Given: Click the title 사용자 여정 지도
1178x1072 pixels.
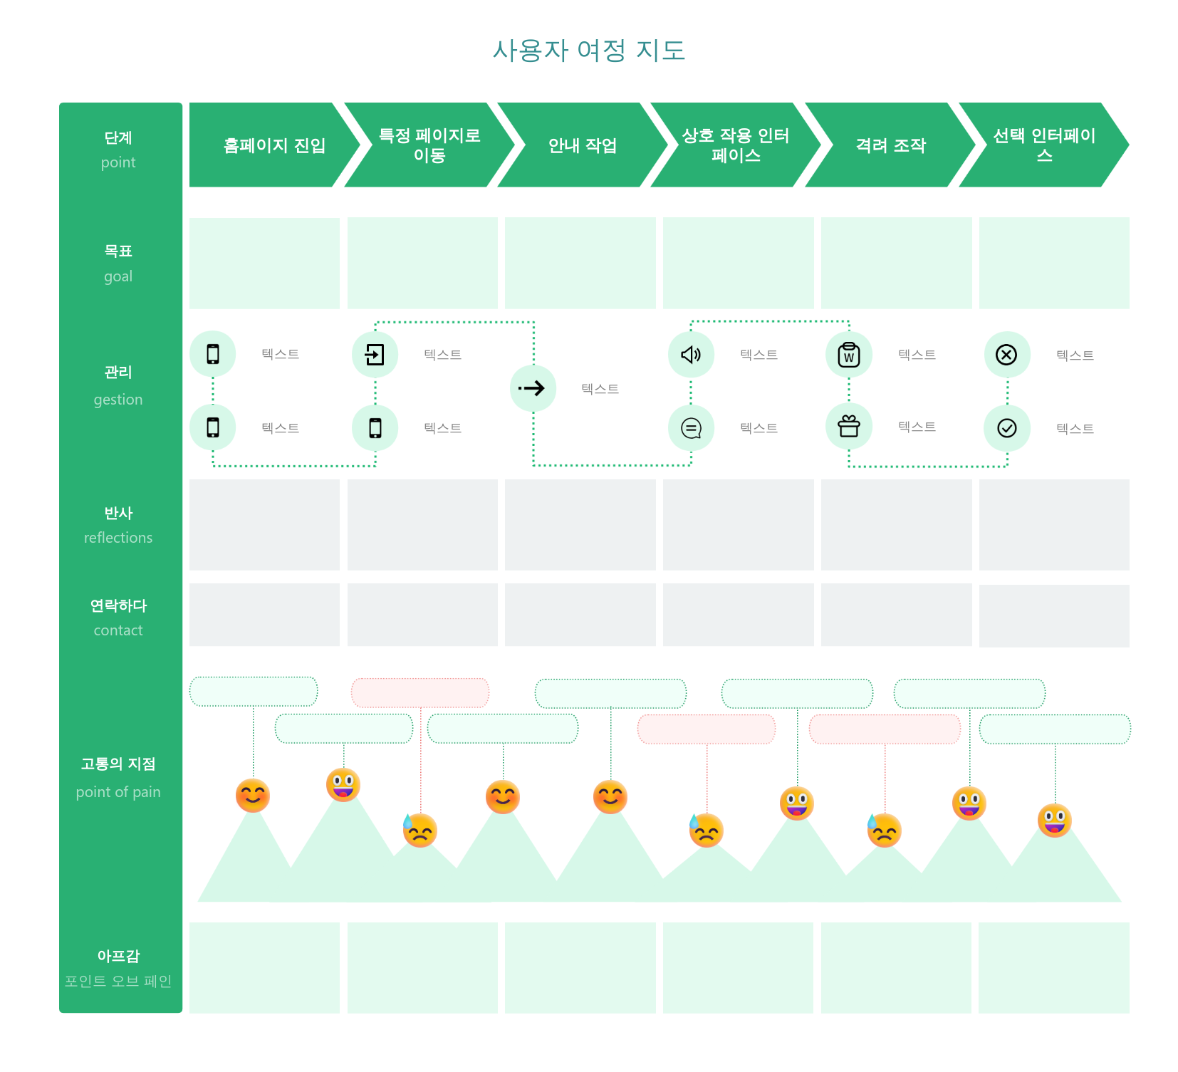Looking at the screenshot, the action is pos(589,51).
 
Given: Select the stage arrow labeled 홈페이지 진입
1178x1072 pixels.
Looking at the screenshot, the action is pos(275,145).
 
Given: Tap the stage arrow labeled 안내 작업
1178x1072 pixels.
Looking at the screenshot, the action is pos(583,145).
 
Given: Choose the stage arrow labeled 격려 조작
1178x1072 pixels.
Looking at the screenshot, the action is pos(890,145).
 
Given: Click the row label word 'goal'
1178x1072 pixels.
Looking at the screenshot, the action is pos(118,276).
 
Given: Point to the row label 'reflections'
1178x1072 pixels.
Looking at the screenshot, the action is pos(118,538).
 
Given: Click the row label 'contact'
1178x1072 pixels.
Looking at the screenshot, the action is pos(118,630).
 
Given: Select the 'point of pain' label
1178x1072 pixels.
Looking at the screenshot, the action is pos(118,792).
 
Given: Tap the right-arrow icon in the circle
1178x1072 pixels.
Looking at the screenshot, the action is pos(533,388).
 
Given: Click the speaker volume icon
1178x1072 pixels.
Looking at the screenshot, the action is pos(691,355).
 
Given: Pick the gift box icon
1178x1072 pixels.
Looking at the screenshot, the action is pos(849,426).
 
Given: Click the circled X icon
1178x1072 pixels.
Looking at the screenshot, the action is pos(1006,355).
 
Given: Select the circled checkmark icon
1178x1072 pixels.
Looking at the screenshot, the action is pos(1007,428).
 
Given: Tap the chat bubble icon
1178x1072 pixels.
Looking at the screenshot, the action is pos(691,428).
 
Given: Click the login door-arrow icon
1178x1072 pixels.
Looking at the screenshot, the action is pos(375,355).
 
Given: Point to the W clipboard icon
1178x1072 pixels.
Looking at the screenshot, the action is pos(849,355).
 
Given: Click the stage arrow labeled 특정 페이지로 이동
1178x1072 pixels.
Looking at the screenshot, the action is pos(429,145).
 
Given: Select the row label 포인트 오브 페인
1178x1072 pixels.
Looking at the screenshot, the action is pos(118,981).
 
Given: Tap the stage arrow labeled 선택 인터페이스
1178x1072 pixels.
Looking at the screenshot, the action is pos(1044,145).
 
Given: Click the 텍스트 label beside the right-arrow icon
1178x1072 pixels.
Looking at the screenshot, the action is pos(600,389).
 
